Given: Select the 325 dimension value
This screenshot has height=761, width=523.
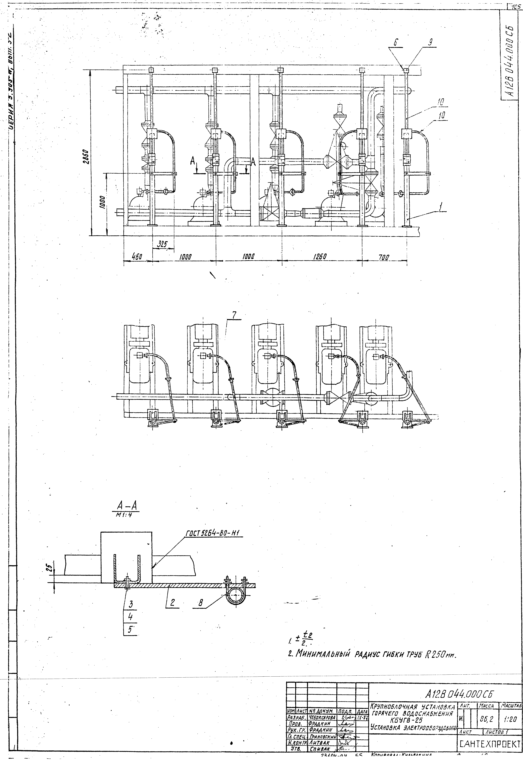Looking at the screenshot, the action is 162,244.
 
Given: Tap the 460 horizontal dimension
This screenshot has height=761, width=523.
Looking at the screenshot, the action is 137,257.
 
